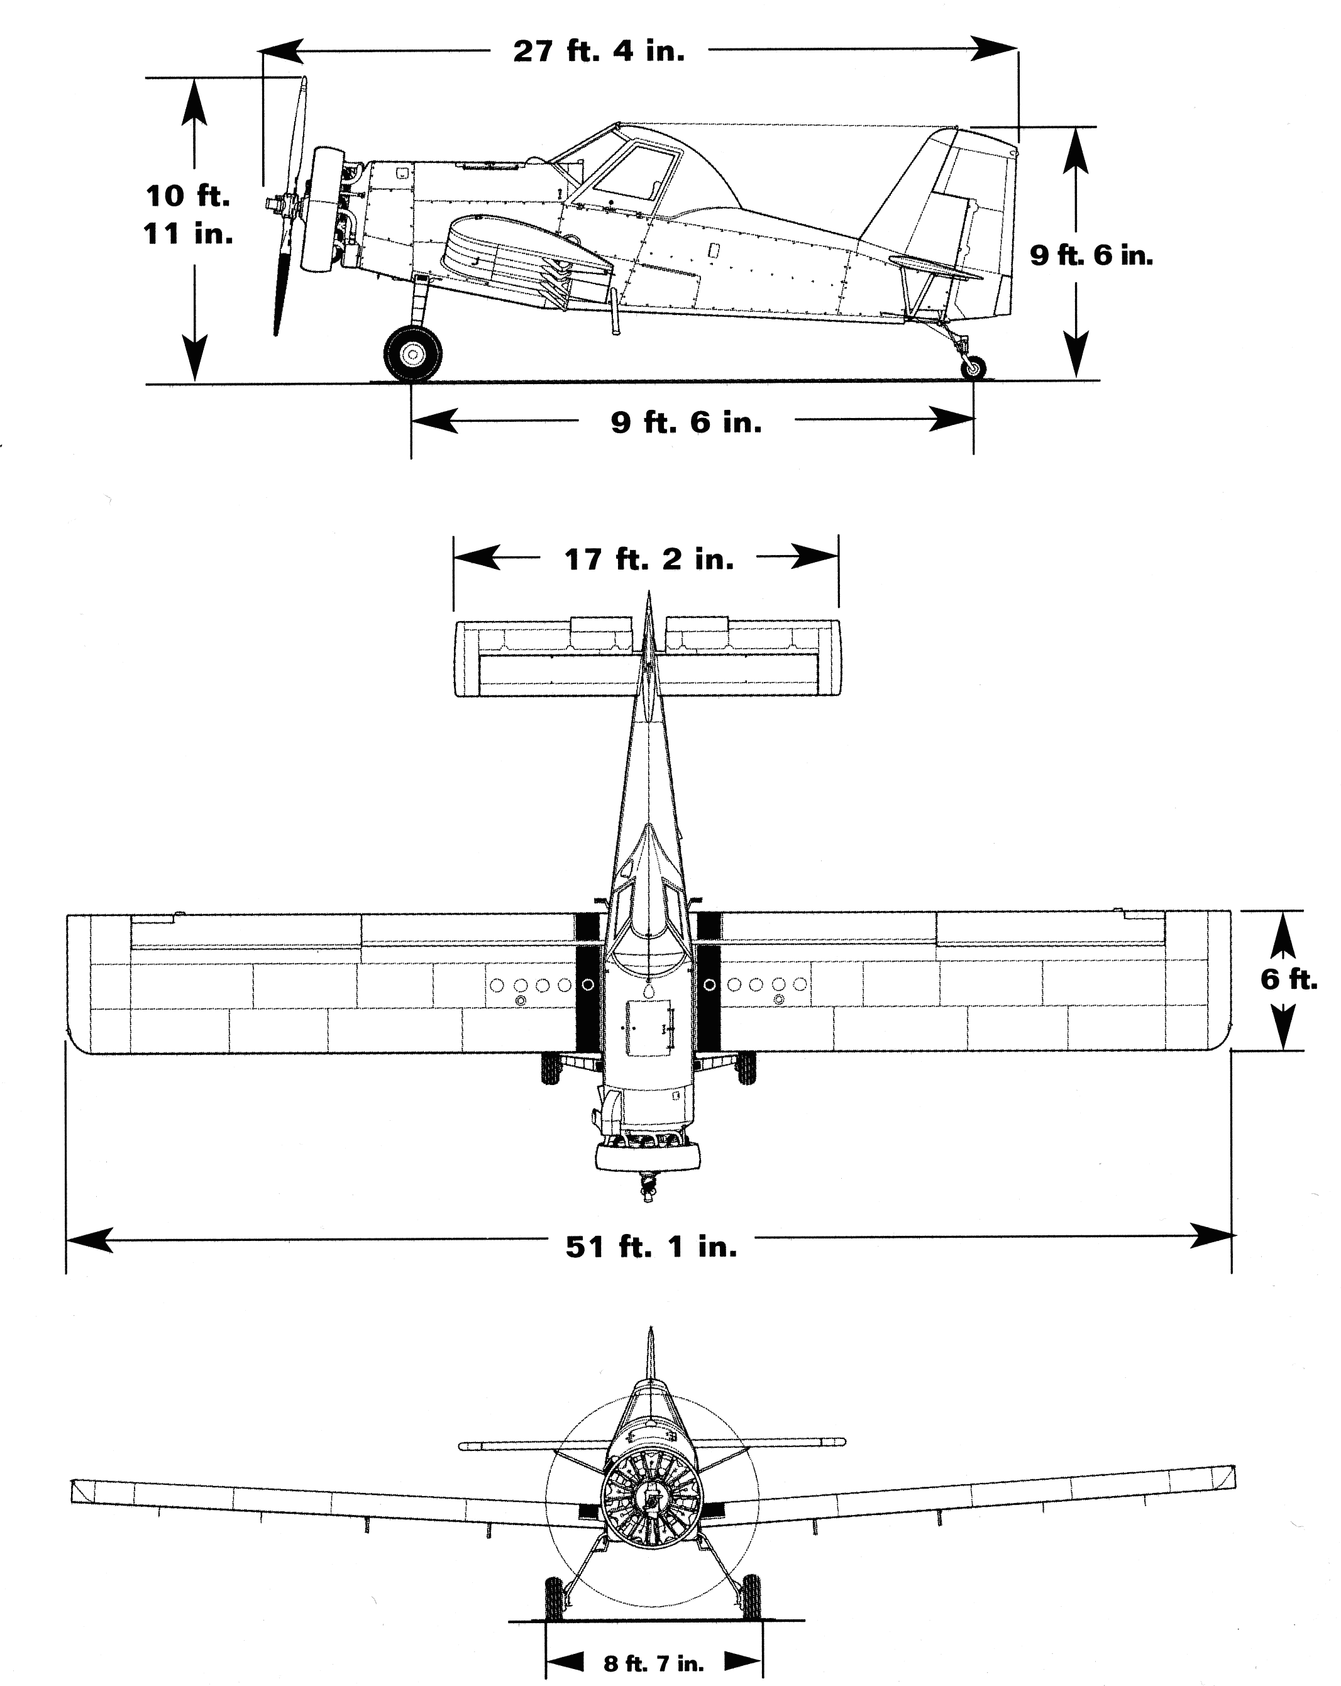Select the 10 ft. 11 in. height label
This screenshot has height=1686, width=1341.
pos(189,214)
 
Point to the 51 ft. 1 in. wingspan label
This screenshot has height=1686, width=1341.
pos(651,1247)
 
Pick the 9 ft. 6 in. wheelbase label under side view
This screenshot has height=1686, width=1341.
pos(686,422)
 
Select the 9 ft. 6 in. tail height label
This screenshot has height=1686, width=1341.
pos(1091,255)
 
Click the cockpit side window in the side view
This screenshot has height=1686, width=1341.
pos(635,174)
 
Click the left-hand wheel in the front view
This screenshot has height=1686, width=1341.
pos(554,1597)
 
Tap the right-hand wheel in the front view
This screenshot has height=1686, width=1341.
pos(751,1597)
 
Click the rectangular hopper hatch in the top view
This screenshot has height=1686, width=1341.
pos(648,1028)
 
